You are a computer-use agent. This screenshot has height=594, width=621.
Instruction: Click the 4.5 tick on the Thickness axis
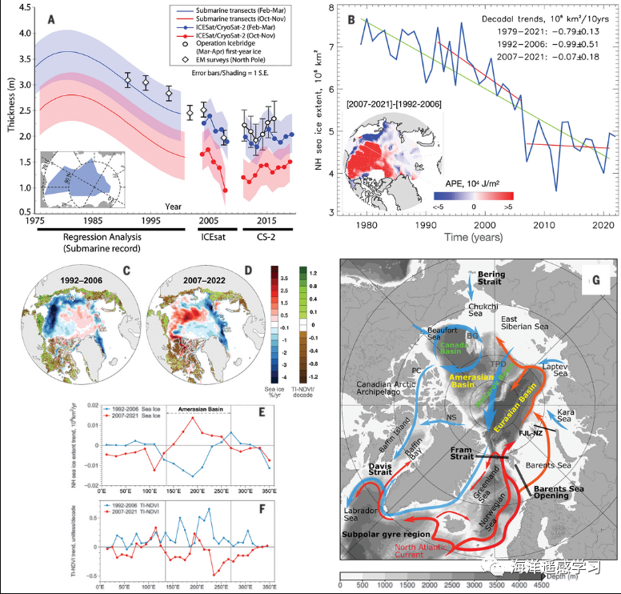click(x=25, y=10)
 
